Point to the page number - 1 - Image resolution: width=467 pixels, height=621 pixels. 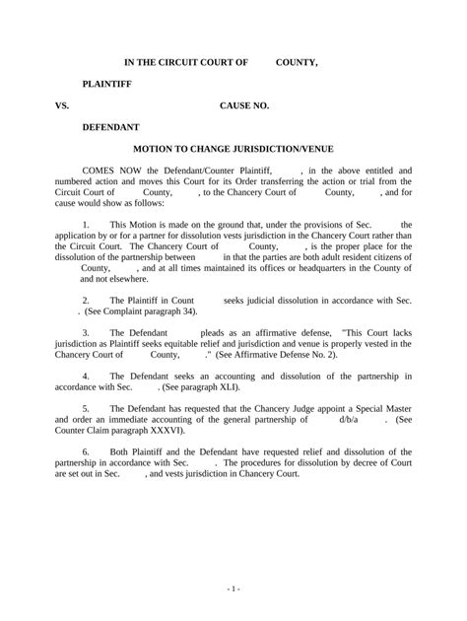point(233,588)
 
